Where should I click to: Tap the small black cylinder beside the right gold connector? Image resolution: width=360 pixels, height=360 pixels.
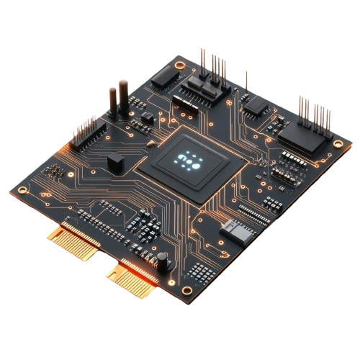[164, 259]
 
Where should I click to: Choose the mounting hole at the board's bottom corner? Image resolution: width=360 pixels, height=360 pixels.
[188, 291]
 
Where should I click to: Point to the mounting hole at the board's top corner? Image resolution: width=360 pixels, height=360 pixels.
[165, 62]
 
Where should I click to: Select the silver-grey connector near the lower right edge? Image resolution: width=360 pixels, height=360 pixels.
[235, 230]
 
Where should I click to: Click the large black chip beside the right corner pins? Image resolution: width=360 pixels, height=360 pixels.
[302, 140]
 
